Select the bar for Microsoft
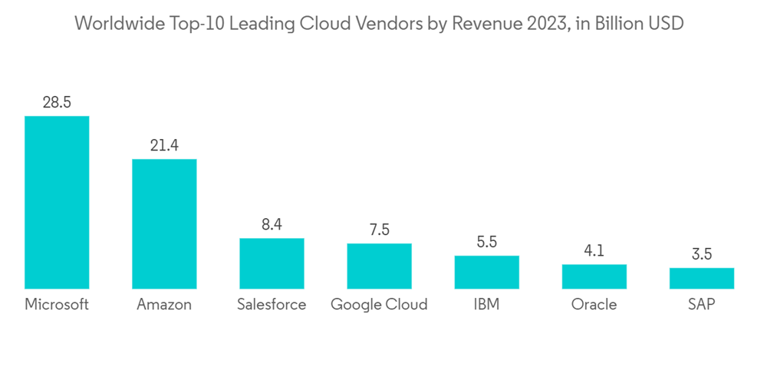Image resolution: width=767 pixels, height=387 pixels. [57, 202]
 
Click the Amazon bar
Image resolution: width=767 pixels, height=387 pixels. [164, 223]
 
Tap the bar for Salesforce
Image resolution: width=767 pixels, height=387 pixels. [272, 263]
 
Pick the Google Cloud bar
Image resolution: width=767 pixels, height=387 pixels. [379, 266]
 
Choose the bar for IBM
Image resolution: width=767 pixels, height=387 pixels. [486, 272]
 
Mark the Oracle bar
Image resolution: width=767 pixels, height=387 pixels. [594, 276]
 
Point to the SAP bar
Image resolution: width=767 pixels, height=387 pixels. [701, 278]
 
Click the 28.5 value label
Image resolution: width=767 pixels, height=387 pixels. [57, 102]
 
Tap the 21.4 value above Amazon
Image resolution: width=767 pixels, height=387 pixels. [164, 145]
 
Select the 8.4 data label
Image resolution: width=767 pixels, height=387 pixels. [272, 224]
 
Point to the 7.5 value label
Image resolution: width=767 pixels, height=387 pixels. [379, 230]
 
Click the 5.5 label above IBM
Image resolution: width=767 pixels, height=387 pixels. [486, 242]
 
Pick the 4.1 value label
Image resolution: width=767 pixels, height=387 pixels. [594, 250]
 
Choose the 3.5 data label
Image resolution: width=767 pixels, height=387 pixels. [701, 254]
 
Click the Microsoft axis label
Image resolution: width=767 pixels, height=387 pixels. [57, 304]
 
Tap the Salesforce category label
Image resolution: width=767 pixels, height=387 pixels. [272, 304]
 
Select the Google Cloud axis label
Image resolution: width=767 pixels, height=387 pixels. [379, 304]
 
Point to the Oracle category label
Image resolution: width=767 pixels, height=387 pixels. [594, 304]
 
